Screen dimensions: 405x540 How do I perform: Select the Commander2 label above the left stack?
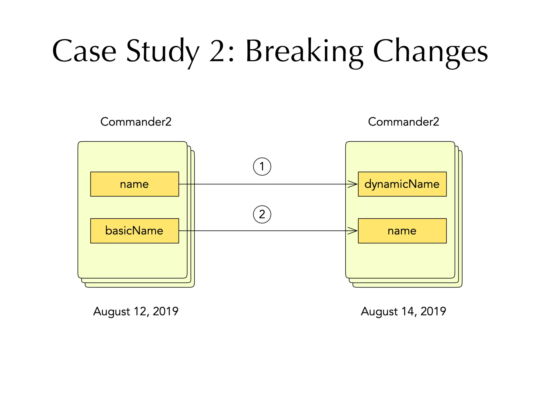136,122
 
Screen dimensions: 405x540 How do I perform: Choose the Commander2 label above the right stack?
403,122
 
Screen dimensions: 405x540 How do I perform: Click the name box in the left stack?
134,184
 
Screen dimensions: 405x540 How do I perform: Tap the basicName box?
134,231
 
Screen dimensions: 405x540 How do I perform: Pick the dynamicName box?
402,184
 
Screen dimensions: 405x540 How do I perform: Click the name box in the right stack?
402,231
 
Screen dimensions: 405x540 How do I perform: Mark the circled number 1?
262,167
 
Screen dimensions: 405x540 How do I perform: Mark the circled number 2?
262,214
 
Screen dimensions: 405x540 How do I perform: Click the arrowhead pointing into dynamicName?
353,184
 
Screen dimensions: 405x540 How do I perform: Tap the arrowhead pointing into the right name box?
353,231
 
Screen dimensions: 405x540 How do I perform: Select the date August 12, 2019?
136,311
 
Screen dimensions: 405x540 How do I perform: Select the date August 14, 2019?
403,311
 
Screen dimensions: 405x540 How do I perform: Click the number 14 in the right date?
408,311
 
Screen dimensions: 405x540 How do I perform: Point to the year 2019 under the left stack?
166,311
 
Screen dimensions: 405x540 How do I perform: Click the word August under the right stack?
379,311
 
